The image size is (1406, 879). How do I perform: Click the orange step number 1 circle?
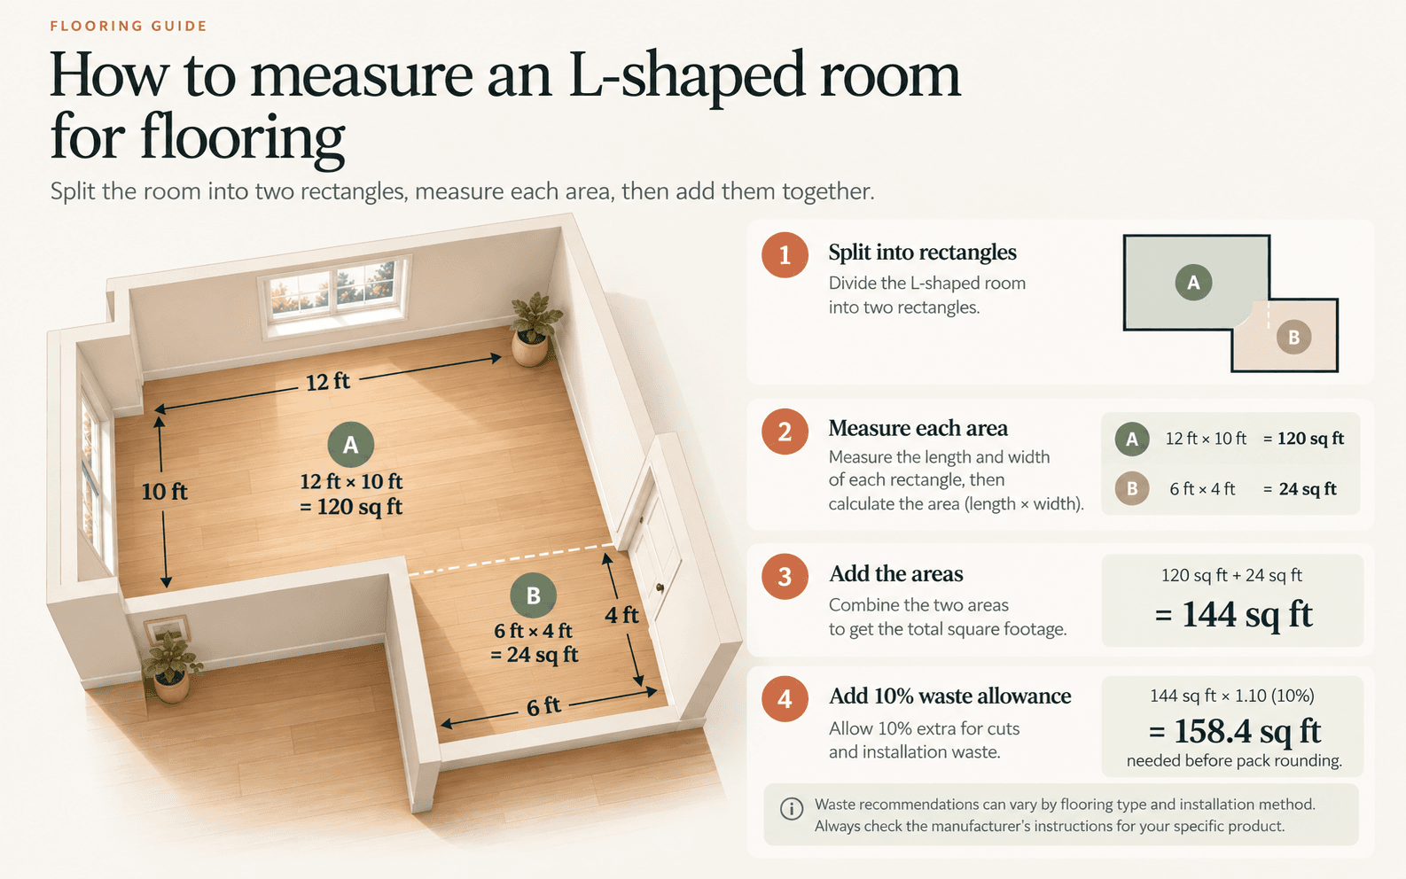(785, 254)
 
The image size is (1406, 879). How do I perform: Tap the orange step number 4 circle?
(785, 698)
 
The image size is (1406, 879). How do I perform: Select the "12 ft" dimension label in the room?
(328, 382)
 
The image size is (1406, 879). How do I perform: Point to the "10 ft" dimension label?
(165, 491)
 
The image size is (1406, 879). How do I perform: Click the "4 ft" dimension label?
(621, 615)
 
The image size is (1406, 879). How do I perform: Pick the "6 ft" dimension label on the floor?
(543, 706)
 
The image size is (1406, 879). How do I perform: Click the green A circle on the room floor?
(351, 444)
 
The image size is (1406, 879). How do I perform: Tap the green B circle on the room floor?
(533, 595)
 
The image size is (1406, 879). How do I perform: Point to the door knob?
(660, 587)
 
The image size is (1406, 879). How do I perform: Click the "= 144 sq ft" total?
(1233, 614)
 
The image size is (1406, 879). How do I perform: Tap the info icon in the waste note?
(792, 809)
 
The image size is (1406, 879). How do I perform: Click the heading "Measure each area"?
(918, 428)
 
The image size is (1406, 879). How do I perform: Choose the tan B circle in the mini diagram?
(1293, 338)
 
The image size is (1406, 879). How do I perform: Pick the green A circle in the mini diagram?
(1193, 283)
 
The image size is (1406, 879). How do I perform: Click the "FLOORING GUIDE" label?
(129, 27)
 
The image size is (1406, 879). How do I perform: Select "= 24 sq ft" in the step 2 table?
(1300, 489)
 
